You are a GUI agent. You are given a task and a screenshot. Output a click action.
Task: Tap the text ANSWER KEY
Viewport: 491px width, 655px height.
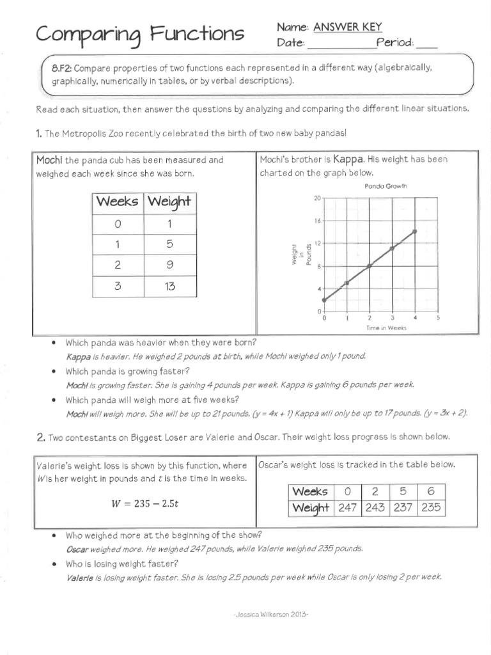click(x=347, y=27)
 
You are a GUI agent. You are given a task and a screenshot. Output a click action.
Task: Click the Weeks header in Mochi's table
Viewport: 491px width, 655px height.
click(x=118, y=201)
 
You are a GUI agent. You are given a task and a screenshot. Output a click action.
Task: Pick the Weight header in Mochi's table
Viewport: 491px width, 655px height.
click(x=169, y=201)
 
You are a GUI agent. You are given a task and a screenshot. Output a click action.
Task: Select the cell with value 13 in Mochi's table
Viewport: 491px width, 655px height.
click(x=169, y=286)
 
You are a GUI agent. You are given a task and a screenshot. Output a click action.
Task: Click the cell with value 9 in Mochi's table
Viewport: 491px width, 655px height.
click(x=169, y=265)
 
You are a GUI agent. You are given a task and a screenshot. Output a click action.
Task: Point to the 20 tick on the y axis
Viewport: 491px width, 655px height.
click(x=316, y=198)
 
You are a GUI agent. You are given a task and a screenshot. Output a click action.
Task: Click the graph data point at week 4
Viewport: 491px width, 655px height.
click(x=415, y=231)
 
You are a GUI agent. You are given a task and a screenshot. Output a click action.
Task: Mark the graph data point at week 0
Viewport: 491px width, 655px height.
click(x=323, y=299)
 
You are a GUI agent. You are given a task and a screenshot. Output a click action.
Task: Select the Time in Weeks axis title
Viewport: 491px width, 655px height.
click(x=386, y=327)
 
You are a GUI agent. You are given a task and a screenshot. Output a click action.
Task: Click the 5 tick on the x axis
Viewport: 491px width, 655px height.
click(x=438, y=317)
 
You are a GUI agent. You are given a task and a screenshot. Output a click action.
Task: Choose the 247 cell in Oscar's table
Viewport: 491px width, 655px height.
click(x=348, y=508)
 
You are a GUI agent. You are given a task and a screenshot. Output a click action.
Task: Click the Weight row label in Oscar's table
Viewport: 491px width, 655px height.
click(x=310, y=508)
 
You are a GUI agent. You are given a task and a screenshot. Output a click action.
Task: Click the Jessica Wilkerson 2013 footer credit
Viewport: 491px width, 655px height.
click(x=272, y=614)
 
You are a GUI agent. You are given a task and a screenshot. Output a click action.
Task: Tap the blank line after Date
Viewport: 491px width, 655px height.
click(x=341, y=43)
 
